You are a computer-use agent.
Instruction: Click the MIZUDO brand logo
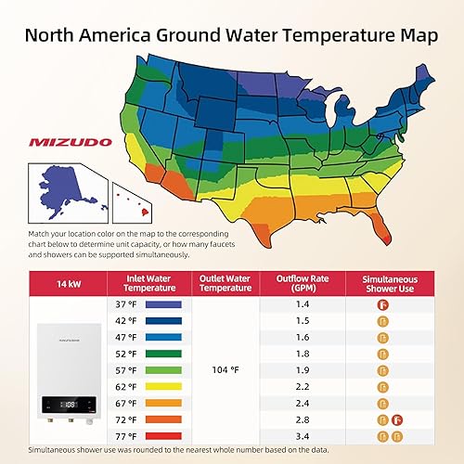pos(71,144)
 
